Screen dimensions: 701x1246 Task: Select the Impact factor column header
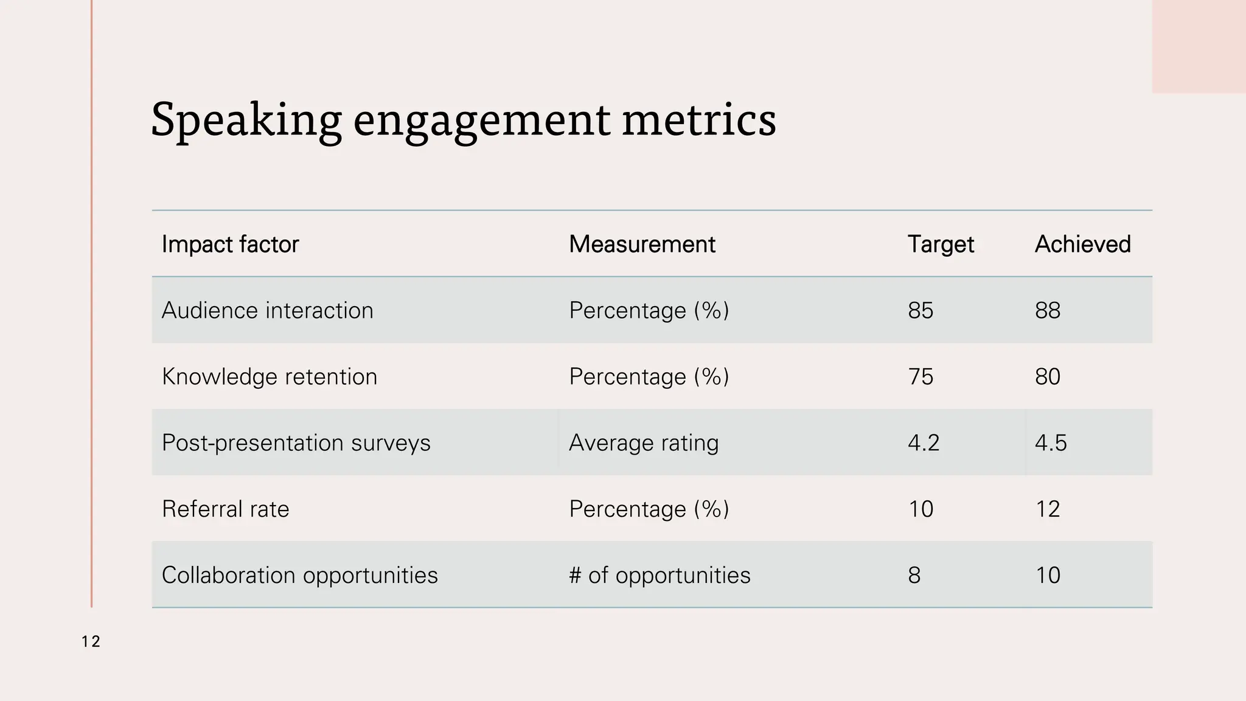coord(230,244)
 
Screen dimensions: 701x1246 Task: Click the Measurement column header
coord(642,244)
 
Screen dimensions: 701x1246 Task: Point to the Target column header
coord(941,244)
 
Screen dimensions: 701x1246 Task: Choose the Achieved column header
coord(1082,244)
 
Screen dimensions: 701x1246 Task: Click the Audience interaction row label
coord(267,310)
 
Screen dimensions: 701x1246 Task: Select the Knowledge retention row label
coord(269,377)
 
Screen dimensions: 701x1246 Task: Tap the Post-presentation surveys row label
coord(296,442)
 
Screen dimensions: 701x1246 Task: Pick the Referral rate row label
coord(225,509)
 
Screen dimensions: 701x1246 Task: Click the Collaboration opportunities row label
coord(299,575)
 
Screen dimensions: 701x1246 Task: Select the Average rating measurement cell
coord(644,442)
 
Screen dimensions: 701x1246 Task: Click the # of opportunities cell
coord(660,575)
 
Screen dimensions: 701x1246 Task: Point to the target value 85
coord(921,310)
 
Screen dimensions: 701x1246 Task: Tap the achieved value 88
coord(1048,310)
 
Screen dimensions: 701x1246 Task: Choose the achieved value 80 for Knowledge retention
coord(1048,377)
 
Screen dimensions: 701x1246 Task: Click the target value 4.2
coord(924,442)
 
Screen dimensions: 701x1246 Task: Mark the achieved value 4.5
coord(1051,442)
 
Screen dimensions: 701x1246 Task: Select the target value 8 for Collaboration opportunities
coord(914,575)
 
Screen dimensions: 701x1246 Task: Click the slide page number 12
coord(91,641)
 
